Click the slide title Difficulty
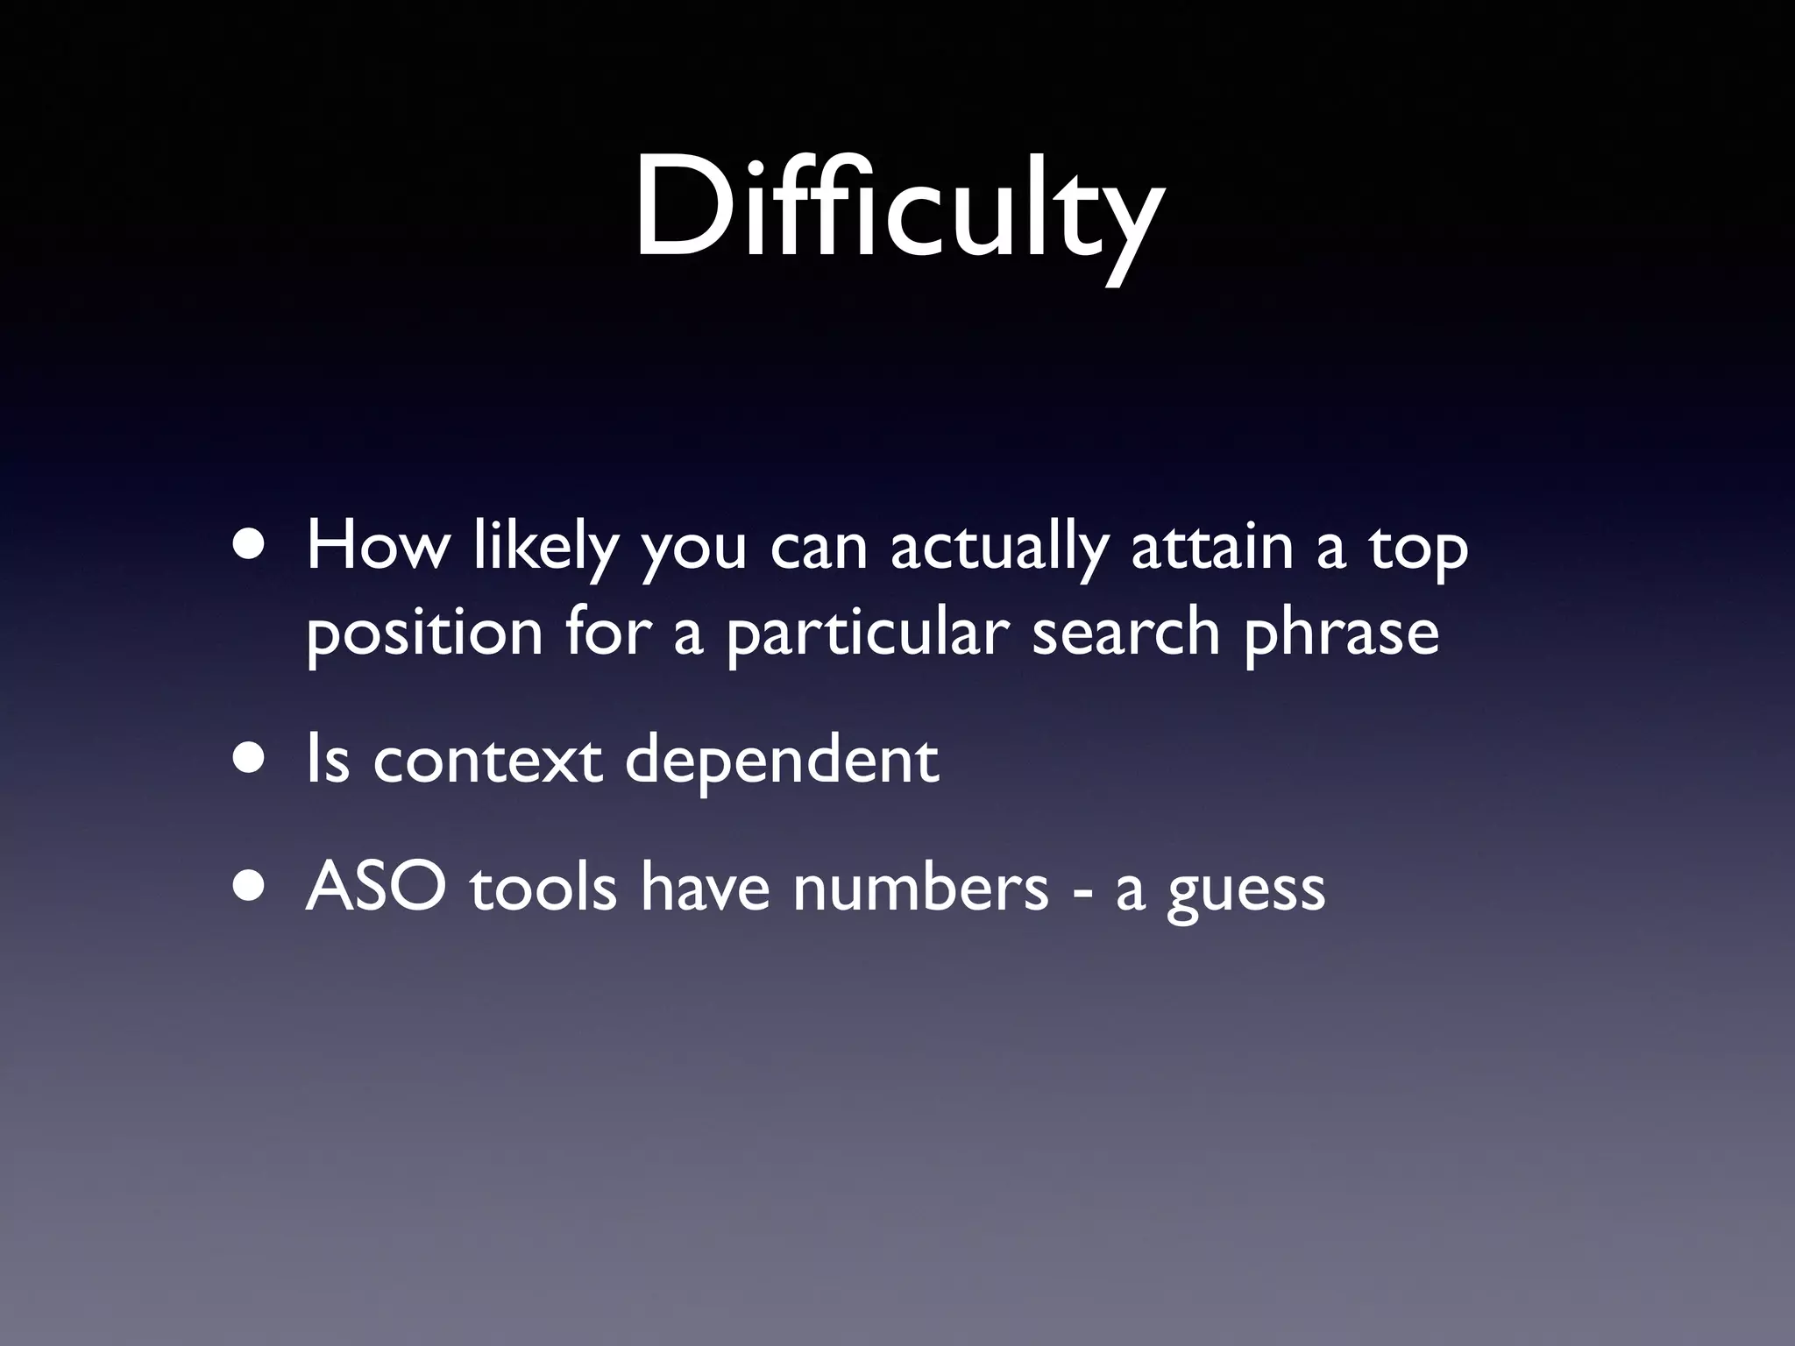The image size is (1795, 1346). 898,210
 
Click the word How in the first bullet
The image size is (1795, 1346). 378,547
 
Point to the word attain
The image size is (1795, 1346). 1212,547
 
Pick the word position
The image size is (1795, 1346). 424,633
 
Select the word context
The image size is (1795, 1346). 487,761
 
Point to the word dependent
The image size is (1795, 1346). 781,761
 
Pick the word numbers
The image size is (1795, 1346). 920,888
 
